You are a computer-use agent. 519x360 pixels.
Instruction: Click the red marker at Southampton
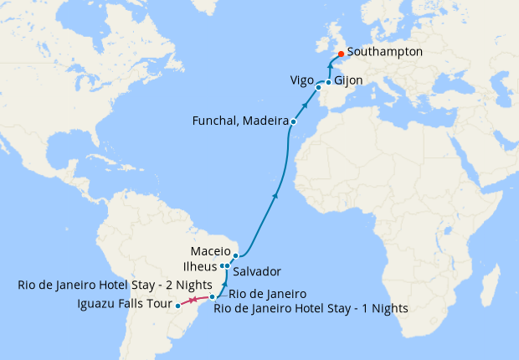(341, 56)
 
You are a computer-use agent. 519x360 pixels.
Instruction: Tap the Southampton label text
(384, 52)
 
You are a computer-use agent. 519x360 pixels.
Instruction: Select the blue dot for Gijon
(328, 82)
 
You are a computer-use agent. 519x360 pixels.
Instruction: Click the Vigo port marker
(318, 86)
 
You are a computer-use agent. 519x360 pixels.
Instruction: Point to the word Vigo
(301, 81)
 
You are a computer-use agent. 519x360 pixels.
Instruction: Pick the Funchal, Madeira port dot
(293, 122)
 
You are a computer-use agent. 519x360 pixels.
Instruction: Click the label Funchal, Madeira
(239, 121)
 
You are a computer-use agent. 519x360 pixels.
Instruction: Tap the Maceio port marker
(236, 255)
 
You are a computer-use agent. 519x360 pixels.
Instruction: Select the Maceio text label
(209, 250)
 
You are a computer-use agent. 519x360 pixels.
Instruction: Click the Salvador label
(257, 272)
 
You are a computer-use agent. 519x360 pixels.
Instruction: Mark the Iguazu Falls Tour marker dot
(178, 306)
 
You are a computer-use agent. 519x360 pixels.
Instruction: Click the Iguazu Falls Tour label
(124, 304)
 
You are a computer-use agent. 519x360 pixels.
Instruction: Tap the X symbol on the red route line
(193, 301)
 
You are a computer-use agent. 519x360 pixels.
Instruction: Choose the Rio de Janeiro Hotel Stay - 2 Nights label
(115, 285)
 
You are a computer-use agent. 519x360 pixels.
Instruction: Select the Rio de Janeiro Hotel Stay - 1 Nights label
(311, 308)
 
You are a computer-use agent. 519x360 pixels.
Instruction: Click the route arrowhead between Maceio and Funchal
(275, 195)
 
